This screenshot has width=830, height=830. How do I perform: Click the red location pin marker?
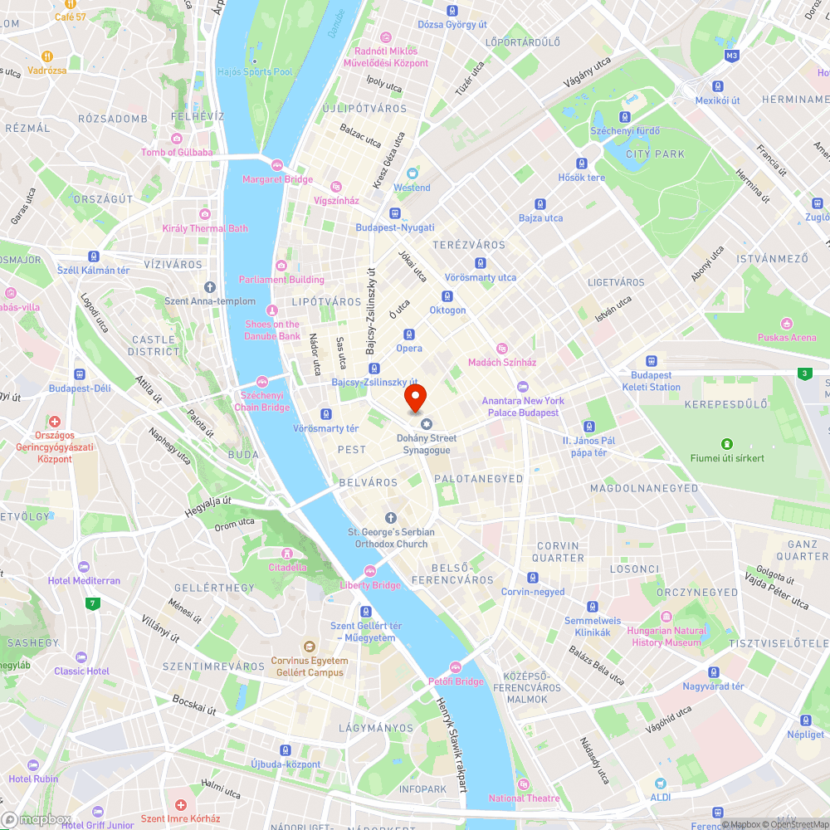click(415, 398)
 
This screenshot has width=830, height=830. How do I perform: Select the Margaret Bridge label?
click(277, 179)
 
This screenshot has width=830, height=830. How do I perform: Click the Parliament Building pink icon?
click(281, 266)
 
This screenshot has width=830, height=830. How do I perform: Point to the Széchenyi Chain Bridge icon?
click(262, 382)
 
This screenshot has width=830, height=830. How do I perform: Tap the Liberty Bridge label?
click(370, 585)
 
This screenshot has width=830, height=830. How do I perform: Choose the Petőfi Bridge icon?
click(455, 667)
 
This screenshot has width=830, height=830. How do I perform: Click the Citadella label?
click(287, 568)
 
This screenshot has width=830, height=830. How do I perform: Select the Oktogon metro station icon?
click(447, 296)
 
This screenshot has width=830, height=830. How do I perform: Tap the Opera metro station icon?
click(408, 334)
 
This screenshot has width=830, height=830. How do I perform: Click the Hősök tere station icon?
click(582, 164)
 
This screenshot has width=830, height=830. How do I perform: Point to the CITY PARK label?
click(656, 154)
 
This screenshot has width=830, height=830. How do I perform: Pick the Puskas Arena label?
click(786, 337)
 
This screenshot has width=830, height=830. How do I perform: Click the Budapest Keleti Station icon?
click(651, 361)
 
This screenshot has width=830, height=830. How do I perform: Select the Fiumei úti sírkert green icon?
click(727, 444)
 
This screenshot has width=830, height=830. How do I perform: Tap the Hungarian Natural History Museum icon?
click(666, 617)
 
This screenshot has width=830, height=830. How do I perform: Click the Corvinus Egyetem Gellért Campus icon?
click(307, 647)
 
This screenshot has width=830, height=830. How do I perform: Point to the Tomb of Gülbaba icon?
click(176, 138)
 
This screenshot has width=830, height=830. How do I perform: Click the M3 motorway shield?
click(731, 56)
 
